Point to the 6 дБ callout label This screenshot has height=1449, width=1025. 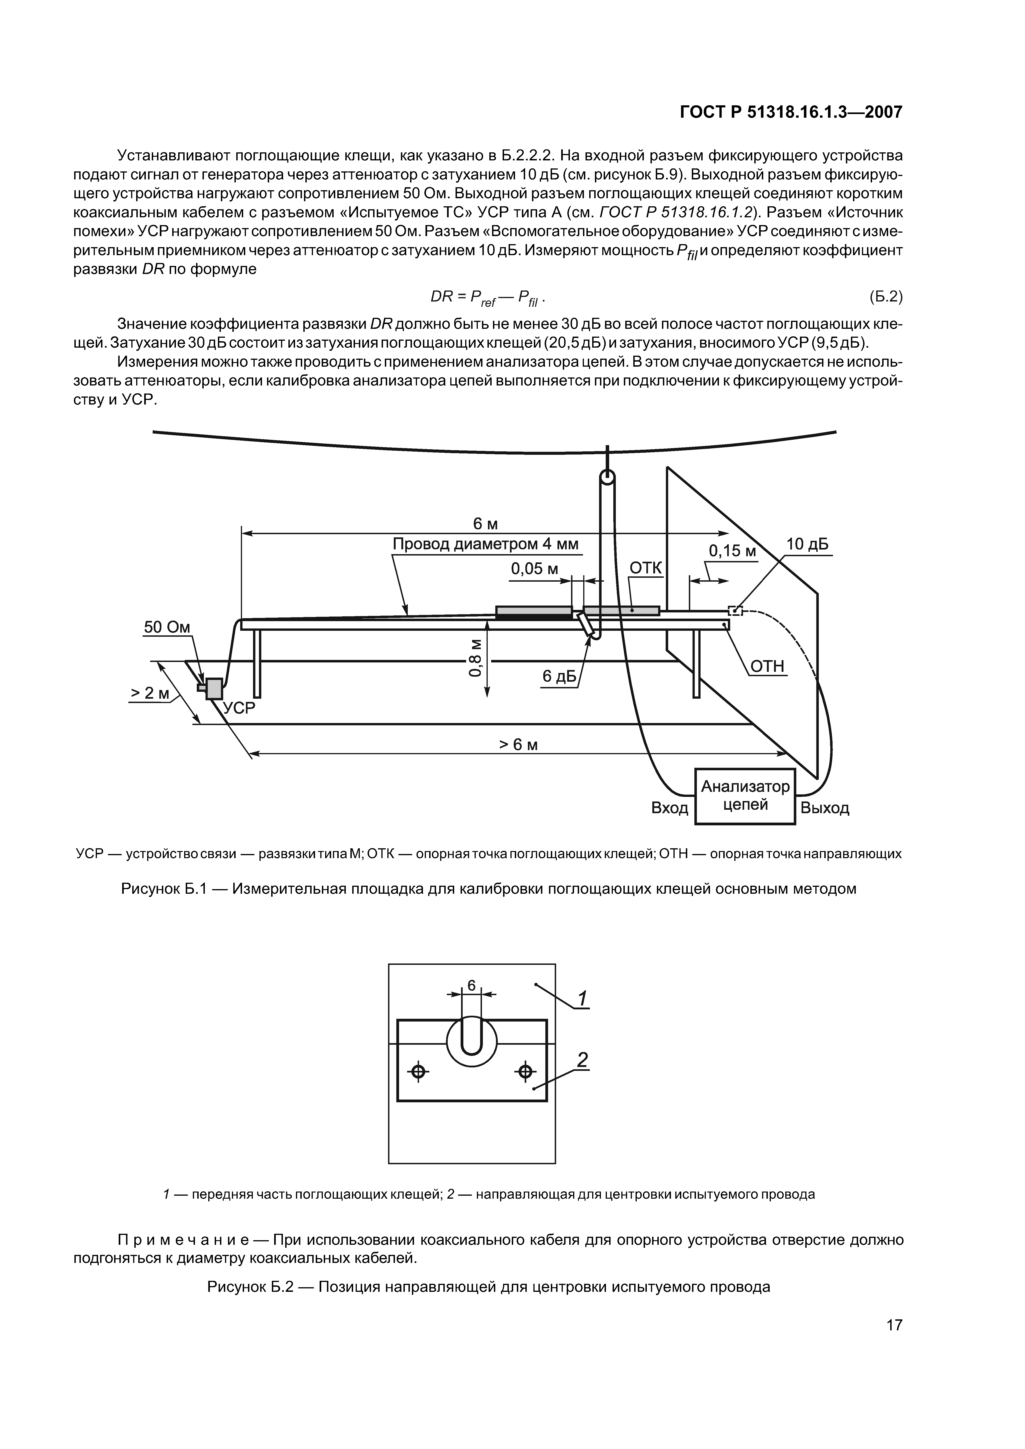[x=560, y=677]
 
